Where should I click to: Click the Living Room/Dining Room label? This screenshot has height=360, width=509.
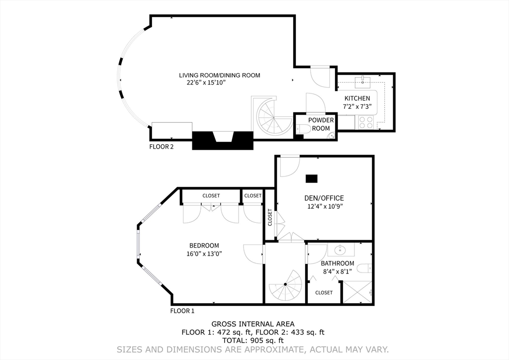point(219,76)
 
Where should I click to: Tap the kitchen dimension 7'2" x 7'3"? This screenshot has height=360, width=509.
point(357,106)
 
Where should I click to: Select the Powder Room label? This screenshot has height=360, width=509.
point(321,124)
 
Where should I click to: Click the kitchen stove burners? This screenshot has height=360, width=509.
point(366,122)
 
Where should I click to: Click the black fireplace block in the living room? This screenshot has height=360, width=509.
point(223,140)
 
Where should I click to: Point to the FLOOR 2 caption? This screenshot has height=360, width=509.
point(162,147)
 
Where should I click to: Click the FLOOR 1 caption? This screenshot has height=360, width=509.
point(182,311)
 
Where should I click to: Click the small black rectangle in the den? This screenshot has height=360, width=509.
point(312,178)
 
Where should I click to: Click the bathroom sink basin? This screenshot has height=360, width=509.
point(341,249)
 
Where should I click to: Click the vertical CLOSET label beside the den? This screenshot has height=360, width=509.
point(270,217)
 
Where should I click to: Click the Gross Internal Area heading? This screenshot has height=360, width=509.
point(253,324)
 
